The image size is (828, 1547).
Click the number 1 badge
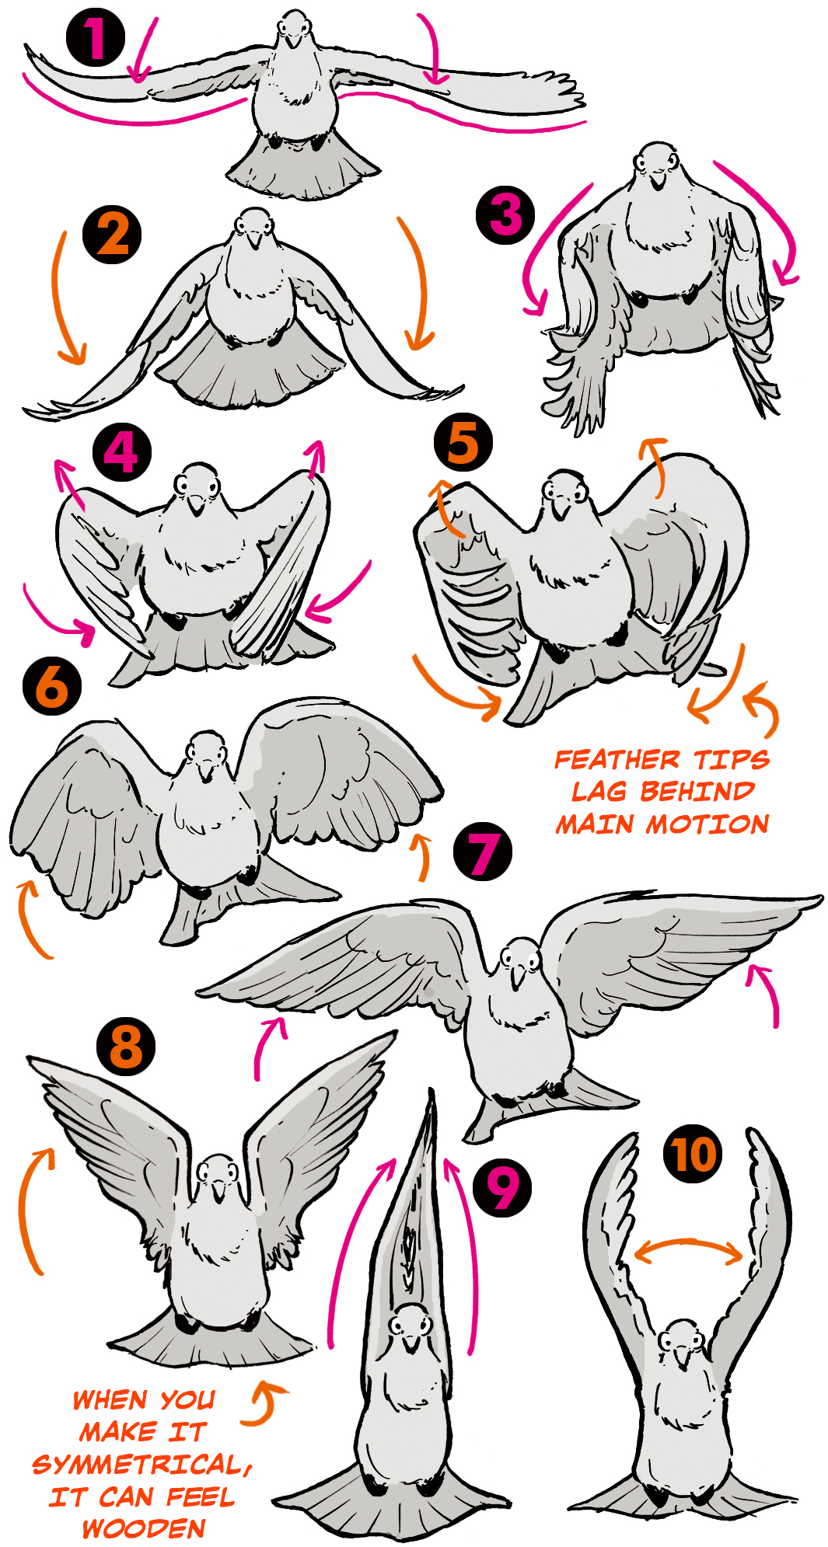click(95, 37)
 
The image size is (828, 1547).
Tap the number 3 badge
click(505, 215)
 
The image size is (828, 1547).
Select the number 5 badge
click(463, 442)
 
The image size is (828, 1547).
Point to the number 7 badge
click(483, 852)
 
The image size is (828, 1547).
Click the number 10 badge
click(693, 1155)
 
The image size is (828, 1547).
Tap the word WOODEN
click(144, 1528)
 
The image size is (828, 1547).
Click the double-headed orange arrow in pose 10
click(689, 1245)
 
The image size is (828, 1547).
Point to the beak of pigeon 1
click(293, 39)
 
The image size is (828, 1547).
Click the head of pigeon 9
click(409, 1325)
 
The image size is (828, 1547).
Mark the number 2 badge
click(113, 235)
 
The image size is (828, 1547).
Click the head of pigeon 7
click(519, 959)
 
